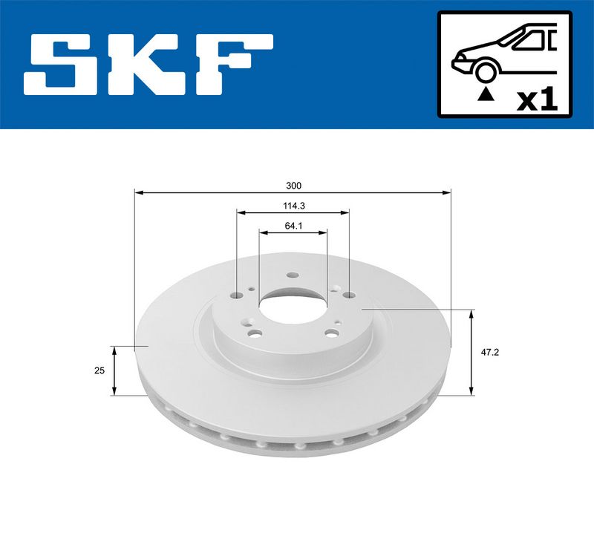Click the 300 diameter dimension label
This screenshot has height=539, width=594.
tap(293, 186)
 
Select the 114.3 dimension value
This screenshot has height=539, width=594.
tap(294, 206)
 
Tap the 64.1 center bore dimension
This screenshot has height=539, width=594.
tap(293, 226)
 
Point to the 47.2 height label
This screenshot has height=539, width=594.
tap(490, 352)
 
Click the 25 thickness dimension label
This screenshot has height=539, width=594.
tap(99, 370)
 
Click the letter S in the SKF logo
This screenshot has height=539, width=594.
tap(63, 65)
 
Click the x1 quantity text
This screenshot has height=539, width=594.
tap(538, 100)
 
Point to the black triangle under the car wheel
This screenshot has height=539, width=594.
tap(486, 94)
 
